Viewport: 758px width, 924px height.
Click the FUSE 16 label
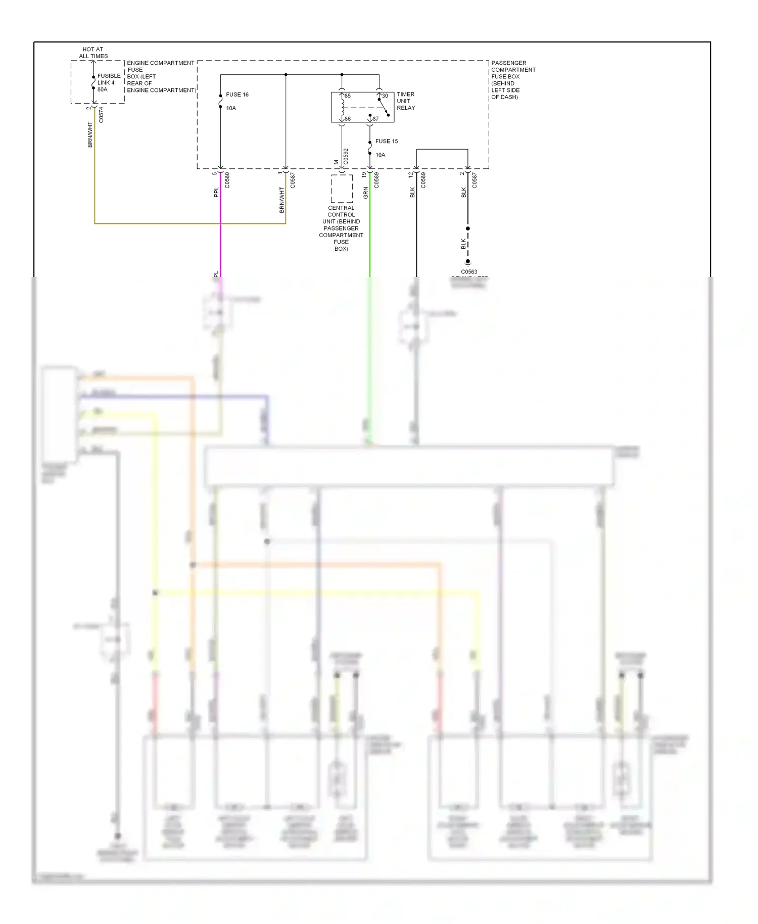tap(237, 95)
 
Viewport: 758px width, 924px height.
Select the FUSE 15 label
tap(386, 141)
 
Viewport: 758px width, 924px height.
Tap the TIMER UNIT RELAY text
tap(405, 101)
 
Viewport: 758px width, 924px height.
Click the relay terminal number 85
tap(348, 96)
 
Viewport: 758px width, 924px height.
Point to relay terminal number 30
tap(385, 96)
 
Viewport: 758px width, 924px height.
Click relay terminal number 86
tap(348, 119)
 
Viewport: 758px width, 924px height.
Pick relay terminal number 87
tap(375, 119)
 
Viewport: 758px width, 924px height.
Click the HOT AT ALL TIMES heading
tap(93, 53)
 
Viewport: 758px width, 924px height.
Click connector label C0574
tap(101, 115)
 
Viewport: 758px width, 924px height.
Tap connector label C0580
tap(227, 180)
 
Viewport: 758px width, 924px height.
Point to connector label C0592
tap(346, 157)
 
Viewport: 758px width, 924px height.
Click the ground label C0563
tap(468, 271)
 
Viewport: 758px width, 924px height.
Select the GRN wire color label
tap(365, 193)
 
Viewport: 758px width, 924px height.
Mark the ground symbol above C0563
tap(468, 263)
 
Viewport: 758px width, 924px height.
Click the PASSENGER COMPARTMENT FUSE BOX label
tap(513, 80)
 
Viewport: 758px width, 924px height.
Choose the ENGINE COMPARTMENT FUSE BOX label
tap(160, 76)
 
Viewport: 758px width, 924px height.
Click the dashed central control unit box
tap(342, 189)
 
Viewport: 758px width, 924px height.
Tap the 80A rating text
tap(102, 89)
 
